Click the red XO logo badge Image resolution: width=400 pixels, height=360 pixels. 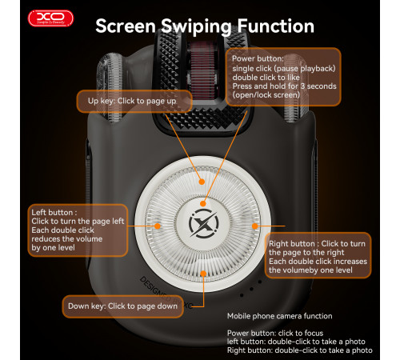50,18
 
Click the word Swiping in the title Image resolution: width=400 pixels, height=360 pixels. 196,26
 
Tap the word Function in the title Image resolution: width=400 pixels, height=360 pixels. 276,26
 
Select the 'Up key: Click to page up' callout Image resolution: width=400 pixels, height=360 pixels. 134,101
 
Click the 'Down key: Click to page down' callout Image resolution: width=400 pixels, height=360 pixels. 123,306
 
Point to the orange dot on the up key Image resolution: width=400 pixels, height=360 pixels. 202,182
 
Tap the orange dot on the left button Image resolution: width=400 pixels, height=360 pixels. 158,226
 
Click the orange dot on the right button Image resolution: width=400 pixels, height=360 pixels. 255,226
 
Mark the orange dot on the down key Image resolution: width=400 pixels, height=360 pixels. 203,274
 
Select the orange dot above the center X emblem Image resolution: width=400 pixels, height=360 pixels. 203,204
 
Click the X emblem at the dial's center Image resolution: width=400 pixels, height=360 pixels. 203,223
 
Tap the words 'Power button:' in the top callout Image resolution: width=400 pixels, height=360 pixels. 258,58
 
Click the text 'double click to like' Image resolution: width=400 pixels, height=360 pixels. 266,78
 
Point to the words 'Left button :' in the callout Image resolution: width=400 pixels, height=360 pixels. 54,213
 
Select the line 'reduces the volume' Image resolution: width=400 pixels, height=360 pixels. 67,238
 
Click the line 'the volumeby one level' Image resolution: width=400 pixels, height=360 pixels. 310,270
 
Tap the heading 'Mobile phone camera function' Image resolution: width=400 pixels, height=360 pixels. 280,316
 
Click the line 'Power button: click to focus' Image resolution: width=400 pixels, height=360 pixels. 275,333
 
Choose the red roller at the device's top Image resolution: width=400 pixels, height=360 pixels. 202,70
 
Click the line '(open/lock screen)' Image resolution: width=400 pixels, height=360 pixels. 266,95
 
